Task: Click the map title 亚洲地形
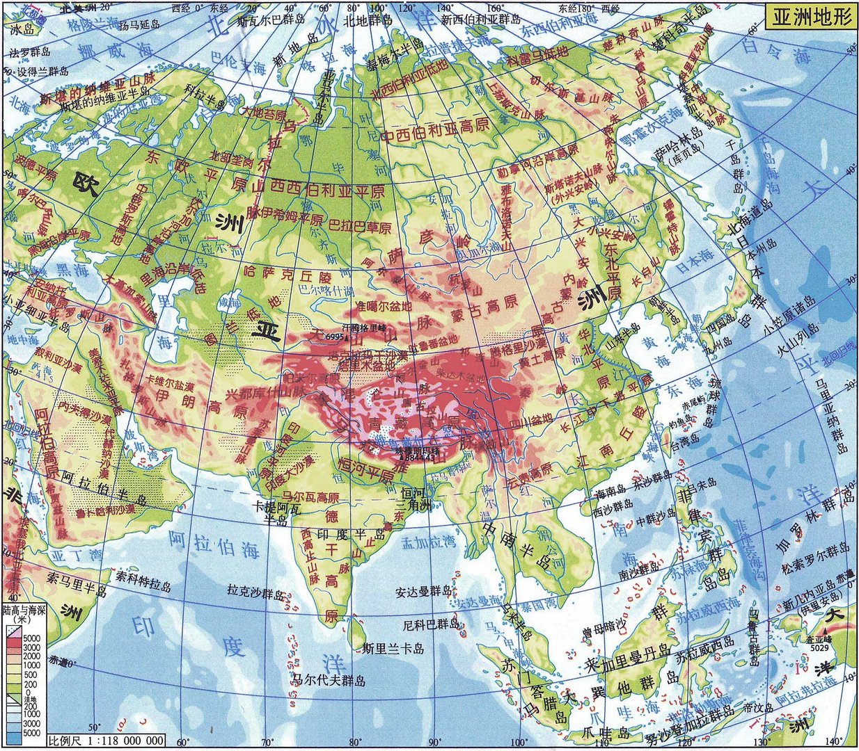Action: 810,17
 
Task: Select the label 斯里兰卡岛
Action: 393,649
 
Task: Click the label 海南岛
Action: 611,494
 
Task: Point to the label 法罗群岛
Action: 29,52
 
